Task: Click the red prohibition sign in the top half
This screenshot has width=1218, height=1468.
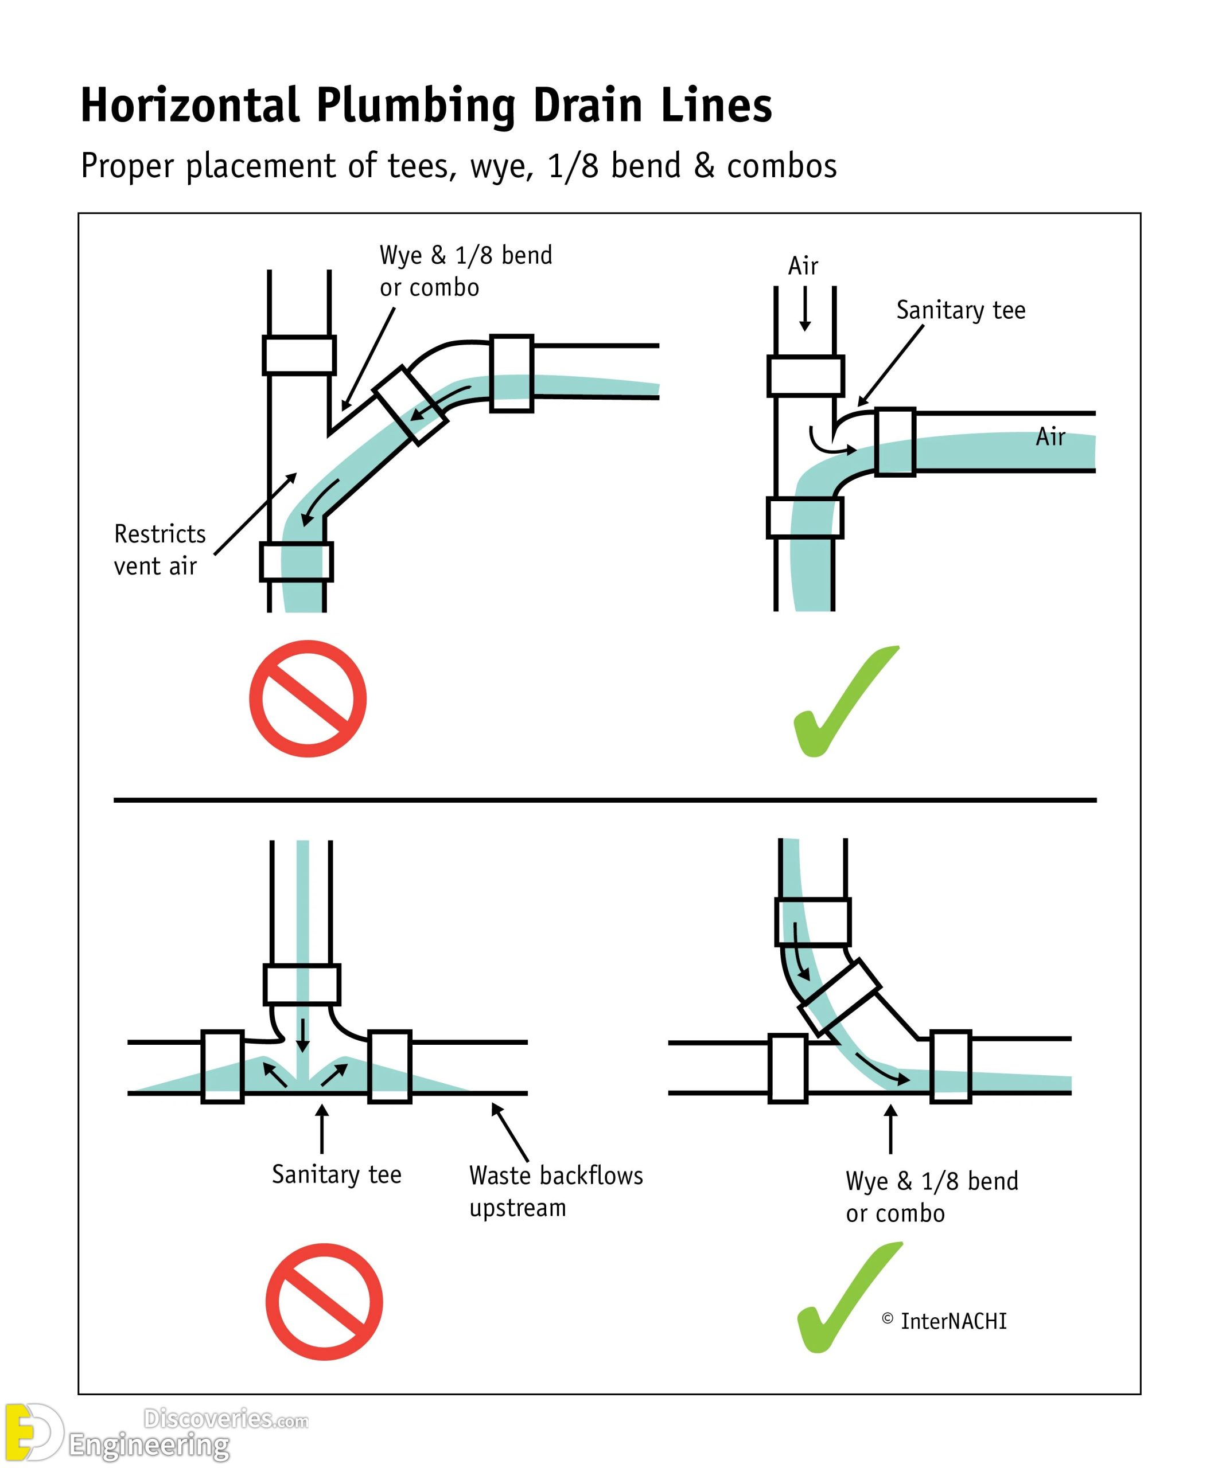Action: click(x=308, y=698)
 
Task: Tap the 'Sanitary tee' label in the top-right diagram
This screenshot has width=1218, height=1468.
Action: click(x=961, y=310)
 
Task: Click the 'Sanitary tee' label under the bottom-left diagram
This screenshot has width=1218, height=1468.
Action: click(x=336, y=1174)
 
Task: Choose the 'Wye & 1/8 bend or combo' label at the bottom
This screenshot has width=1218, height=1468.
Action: click(x=931, y=1197)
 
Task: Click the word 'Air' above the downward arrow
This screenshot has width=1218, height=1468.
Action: click(x=803, y=266)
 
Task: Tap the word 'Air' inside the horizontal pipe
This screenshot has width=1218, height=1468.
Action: click(x=1050, y=437)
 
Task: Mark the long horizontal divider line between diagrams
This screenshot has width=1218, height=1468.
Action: click(x=605, y=800)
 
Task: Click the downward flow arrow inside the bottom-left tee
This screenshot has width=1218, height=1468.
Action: click(x=302, y=1035)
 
